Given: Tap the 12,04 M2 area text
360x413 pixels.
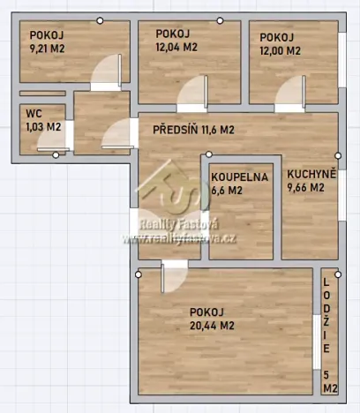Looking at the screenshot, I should (176, 48).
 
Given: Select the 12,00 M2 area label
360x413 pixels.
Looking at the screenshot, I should (280, 50).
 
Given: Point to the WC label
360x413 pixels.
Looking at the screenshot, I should (34, 113).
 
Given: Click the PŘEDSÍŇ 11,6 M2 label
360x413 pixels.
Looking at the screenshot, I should (193, 130).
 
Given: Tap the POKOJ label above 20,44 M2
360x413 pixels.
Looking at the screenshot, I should (206, 312).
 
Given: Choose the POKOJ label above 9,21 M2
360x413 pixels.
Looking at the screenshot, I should (47, 35).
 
